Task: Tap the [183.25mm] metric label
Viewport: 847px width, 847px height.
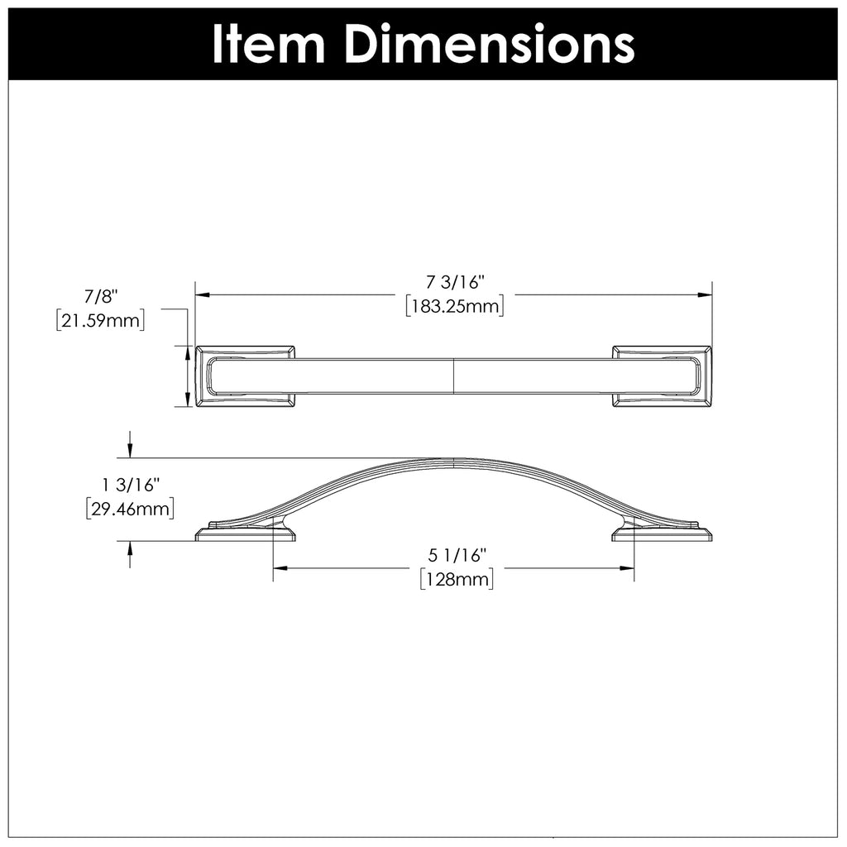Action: click(455, 306)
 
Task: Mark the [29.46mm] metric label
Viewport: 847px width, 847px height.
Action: click(129, 508)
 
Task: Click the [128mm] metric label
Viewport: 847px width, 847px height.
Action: click(457, 579)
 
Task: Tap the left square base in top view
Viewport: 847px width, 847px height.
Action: click(245, 376)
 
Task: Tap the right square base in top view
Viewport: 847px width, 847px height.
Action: click(662, 376)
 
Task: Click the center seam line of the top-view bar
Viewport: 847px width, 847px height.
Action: click(454, 376)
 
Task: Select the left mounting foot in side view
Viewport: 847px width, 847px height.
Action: click(244, 533)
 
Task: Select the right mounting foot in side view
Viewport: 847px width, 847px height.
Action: click(663, 533)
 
